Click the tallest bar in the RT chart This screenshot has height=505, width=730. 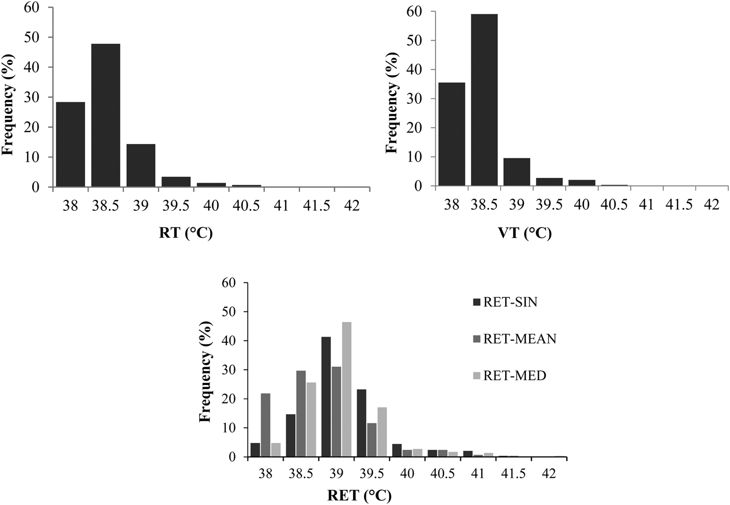(x=105, y=115)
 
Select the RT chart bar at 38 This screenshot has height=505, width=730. (x=70, y=144)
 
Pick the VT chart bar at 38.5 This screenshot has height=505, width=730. (x=484, y=100)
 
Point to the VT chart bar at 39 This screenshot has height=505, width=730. (x=516, y=172)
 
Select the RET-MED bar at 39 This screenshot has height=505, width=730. (x=346, y=389)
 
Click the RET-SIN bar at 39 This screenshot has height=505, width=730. (x=326, y=396)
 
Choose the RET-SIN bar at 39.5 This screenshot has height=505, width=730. (x=361, y=423)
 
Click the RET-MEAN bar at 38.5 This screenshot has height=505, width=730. (x=301, y=413)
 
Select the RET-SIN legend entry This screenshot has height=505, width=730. (x=504, y=303)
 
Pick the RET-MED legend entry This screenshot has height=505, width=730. (x=508, y=376)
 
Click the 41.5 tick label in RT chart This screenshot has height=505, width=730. (x=317, y=206)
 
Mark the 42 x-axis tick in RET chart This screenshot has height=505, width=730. (x=549, y=474)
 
